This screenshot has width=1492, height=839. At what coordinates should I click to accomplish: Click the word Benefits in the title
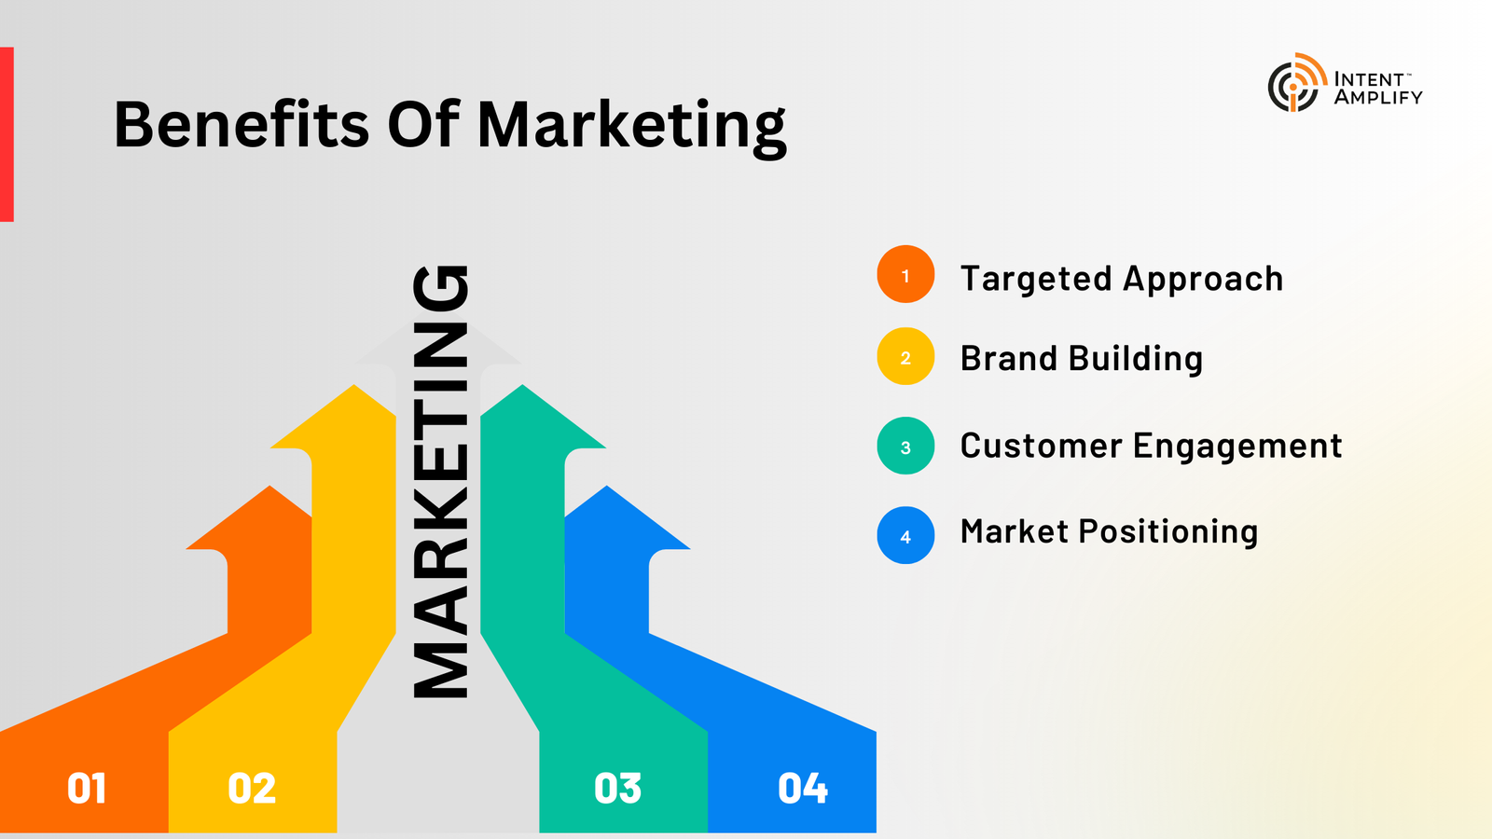click(x=242, y=124)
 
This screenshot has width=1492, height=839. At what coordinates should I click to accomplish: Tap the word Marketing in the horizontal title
click(x=632, y=129)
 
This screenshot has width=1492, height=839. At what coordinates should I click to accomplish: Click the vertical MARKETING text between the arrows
click(x=440, y=481)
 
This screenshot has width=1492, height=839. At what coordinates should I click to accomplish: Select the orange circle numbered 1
click(x=905, y=274)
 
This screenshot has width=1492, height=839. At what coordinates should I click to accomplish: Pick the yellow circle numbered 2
click(x=905, y=356)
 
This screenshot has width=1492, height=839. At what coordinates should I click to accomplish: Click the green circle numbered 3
click(x=905, y=446)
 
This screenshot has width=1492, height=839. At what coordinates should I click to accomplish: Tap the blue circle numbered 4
click(x=905, y=535)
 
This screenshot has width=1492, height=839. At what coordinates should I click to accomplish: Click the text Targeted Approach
click(x=1122, y=280)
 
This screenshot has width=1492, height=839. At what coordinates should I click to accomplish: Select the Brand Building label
click(x=1081, y=359)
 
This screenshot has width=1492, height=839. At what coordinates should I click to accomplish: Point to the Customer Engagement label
click(x=1151, y=447)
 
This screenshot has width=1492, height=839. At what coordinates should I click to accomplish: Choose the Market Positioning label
click(x=1109, y=532)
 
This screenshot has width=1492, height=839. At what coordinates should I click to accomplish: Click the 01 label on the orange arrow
click(x=87, y=789)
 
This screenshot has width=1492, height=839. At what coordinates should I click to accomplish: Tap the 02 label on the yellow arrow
click(x=252, y=789)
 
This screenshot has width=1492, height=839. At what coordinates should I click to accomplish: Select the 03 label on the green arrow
click(x=617, y=789)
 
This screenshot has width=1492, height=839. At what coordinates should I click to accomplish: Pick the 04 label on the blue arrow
click(x=803, y=789)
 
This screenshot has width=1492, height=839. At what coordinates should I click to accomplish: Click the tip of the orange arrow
click(x=269, y=486)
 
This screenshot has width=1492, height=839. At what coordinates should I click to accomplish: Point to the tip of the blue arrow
click(x=607, y=486)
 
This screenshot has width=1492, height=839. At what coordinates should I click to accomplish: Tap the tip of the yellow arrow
click(x=353, y=385)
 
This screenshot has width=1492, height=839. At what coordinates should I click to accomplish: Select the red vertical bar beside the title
click(x=7, y=134)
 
